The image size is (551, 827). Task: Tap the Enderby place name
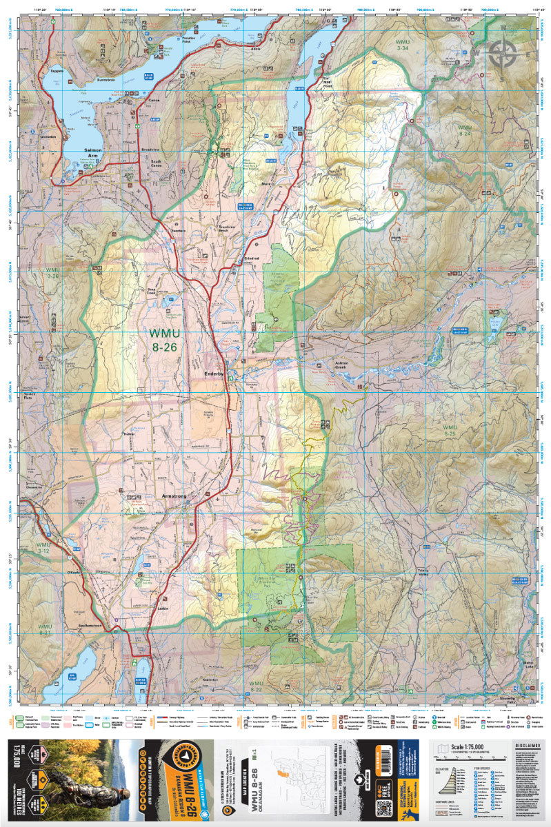215,373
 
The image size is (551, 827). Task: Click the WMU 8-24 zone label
465,131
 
